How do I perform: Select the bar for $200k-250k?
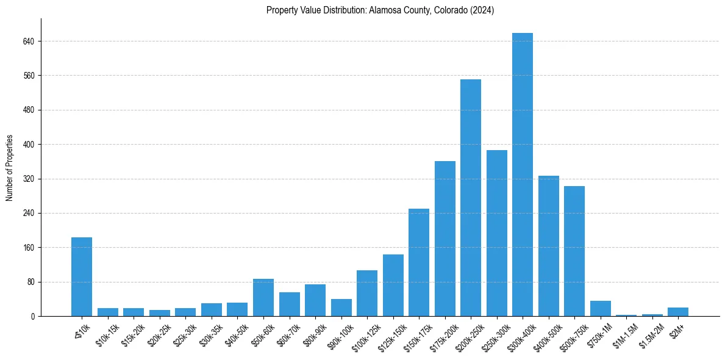pos(470,198)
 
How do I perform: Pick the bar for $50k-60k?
pos(263,298)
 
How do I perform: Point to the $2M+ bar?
pos(677,312)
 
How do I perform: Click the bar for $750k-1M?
pos(600,309)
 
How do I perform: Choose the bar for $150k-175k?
pos(418,262)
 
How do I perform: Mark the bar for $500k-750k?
pos(574,251)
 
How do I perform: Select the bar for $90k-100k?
pos(341,308)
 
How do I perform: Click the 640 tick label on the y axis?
pos(28,41)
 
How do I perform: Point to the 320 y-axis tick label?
pos(28,179)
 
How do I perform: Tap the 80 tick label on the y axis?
pos(30,283)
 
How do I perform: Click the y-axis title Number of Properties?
pos(9,168)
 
